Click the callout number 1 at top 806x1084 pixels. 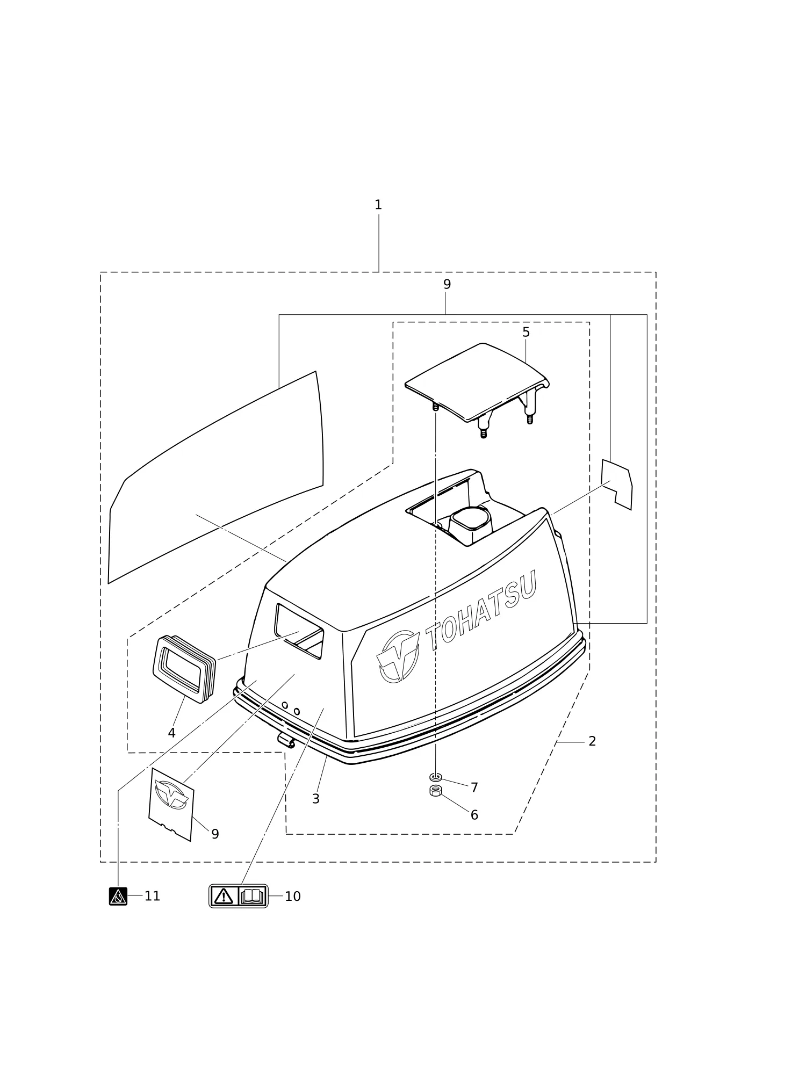[378, 205]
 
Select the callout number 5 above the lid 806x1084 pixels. [526, 333]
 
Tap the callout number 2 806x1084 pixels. [592, 741]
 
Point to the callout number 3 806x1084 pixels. [316, 799]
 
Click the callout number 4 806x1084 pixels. [171, 733]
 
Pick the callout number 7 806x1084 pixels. [474, 787]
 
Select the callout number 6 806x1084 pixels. [474, 815]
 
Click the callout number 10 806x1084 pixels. [293, 897]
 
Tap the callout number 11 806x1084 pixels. [152, 896]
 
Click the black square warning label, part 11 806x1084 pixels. [118, 896]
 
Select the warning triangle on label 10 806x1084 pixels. [224, 896]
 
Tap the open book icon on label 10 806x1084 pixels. [252, 896]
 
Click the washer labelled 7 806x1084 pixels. [436, 777]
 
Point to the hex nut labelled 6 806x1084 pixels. [436, 791]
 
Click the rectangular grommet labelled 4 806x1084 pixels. [184, 669]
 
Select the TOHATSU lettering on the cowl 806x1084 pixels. [481, 610]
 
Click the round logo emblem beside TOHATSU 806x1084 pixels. [398, 656]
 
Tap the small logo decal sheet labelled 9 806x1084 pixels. [171, 804]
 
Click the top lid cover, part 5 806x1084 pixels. [477, 384]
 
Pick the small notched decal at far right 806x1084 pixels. [616, 484]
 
